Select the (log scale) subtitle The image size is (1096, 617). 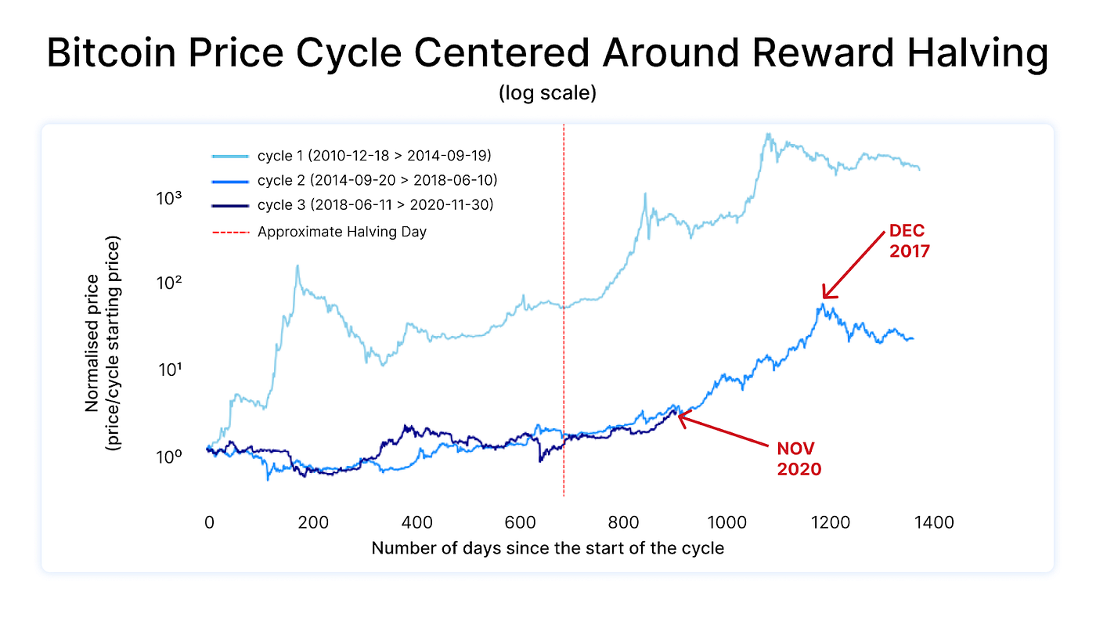547,93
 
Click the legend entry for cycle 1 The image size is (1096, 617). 374,155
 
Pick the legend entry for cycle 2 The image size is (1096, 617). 377,180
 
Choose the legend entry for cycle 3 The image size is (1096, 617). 375,205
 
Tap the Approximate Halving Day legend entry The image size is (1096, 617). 341,232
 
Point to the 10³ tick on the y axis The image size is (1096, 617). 169,197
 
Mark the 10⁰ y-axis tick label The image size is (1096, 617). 169,455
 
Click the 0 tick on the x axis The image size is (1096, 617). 209,521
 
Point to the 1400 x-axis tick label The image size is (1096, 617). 931,521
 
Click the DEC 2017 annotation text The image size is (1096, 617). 909,242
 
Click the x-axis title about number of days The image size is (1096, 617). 547,548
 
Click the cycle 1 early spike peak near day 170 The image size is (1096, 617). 297,265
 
